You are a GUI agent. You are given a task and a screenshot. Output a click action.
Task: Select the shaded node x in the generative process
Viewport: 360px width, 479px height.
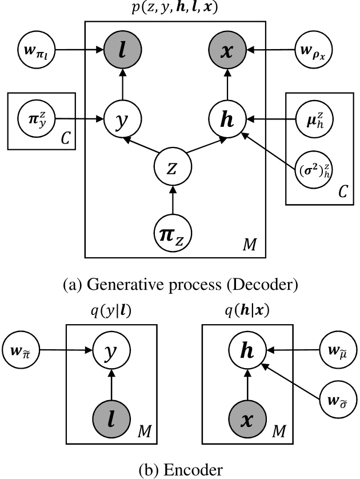(228, 51)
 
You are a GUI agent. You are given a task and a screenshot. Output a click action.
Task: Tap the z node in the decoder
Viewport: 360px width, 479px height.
(172, 169)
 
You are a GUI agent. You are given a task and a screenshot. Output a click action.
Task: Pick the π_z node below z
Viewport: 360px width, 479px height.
(172, 232)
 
